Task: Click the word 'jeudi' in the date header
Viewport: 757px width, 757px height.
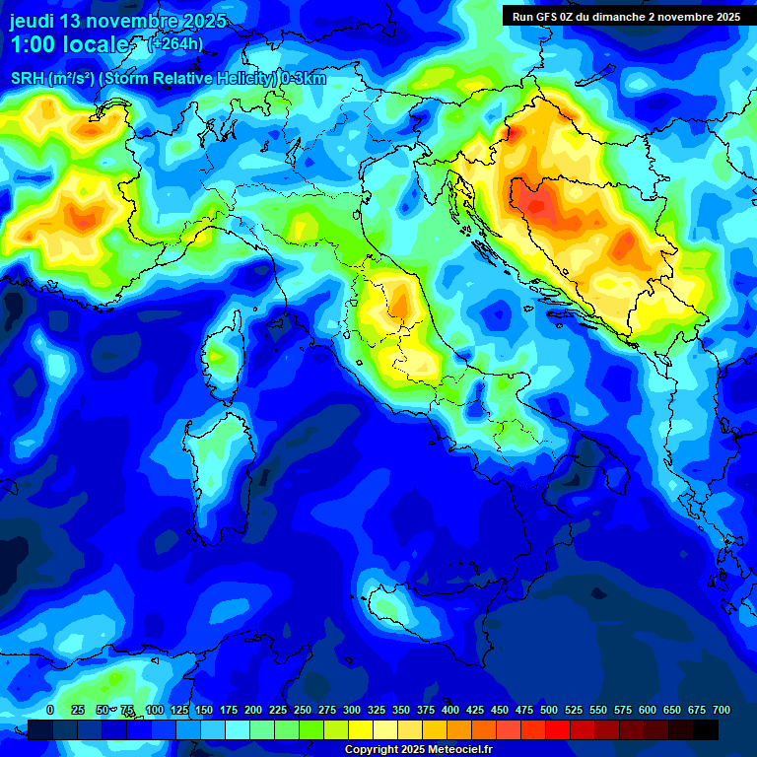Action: click(x=33, y=21)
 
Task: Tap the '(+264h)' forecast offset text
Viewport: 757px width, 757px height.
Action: click(x=175, y=43)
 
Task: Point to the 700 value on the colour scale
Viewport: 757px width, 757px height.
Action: click(x=721, y=711)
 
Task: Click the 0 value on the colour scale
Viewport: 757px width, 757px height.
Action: click(x=50, y=711)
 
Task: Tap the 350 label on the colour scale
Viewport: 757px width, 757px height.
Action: click(x=401, y=711)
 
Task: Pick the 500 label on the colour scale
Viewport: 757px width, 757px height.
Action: click(x=549, y=711)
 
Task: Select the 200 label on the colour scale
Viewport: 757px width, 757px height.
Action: click(x=253, y=711)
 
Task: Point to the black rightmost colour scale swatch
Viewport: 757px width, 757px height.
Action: click(x=706, y=729)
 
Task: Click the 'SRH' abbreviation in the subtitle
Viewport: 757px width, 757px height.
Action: click(x=28, y=80)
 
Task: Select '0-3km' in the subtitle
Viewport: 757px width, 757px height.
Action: click(x=303, y=80)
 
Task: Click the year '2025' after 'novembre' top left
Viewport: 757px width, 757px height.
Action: click(x=202, y=21)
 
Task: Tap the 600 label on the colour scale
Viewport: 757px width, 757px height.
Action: click(x=648, y=711)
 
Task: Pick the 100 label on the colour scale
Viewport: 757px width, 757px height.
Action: click(x=155, y=711)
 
